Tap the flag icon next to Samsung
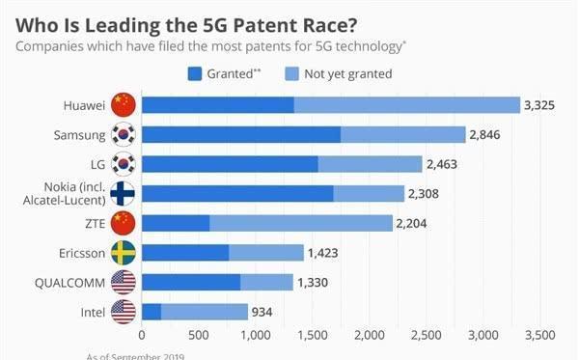(x=124, y=134)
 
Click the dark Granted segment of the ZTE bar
(x=175, y=224)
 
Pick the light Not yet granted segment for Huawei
(x=406, y=104)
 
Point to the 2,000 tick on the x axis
(x=369, y=335)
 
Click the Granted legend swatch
(x=192, y=72)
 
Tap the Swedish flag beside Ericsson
(x=124, y=253)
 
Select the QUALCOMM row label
(x=69, y=283)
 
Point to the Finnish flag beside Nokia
(x=124, y=193)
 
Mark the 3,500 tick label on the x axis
(x=538, y=335)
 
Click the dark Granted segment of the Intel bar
(x=151, y=312)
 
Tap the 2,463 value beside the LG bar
(x=447, y=164)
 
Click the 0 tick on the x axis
(x=141, y=335)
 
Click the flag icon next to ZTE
(x=124, y=224)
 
